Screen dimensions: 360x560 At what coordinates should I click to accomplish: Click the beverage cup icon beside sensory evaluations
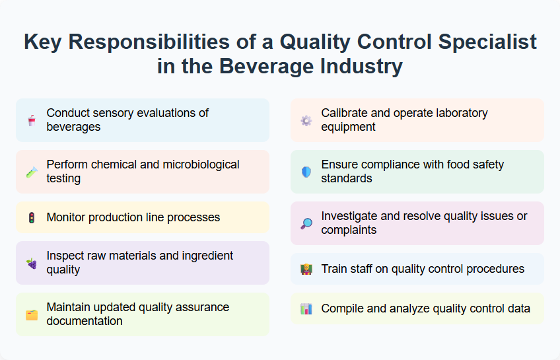(x=32, y=120)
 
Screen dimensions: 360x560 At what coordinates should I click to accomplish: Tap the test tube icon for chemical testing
(x=32, y=172)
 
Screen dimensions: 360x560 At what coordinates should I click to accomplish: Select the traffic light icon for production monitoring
(x=32, y=217)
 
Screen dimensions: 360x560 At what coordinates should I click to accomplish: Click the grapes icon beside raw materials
(x=32, y=263)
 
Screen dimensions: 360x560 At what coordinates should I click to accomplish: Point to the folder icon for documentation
(x=32, y=314)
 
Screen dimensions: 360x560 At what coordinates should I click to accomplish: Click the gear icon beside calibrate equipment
(x=306, y=120)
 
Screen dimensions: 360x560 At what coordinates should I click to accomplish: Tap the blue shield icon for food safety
(x=306, y=172)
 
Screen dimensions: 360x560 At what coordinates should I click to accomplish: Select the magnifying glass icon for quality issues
(x=306, y=223)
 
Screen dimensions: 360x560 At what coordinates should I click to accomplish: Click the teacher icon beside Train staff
(x=306, y=269)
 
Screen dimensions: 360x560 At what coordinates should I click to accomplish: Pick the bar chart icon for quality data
(x=306, y=308)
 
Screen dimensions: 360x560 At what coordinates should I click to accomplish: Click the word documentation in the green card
(x=85, y=321)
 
